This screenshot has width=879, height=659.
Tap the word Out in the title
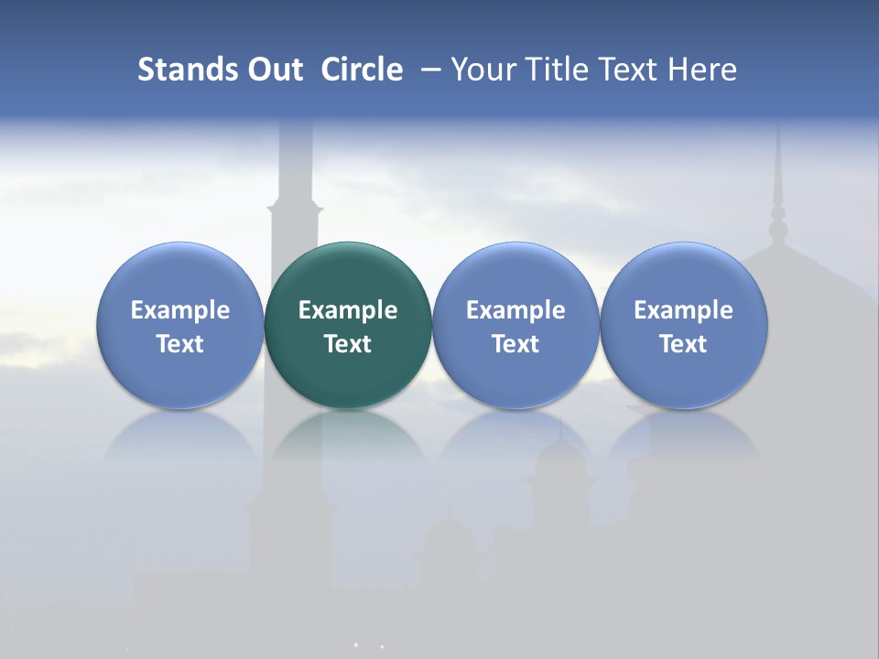click(x=273, y=70)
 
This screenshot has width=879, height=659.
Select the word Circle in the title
click(x=362, y=70)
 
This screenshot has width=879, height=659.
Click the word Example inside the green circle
click(x=348, y=310)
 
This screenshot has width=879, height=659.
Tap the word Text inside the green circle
click(x=348, y=344)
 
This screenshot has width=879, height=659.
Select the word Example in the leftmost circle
click(x=179, y=310)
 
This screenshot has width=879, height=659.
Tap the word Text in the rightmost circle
click(x=684, y=344)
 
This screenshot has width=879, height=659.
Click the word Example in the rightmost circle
click(x=684, y=310)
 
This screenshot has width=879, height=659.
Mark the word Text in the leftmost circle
click(x=179, y=344)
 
